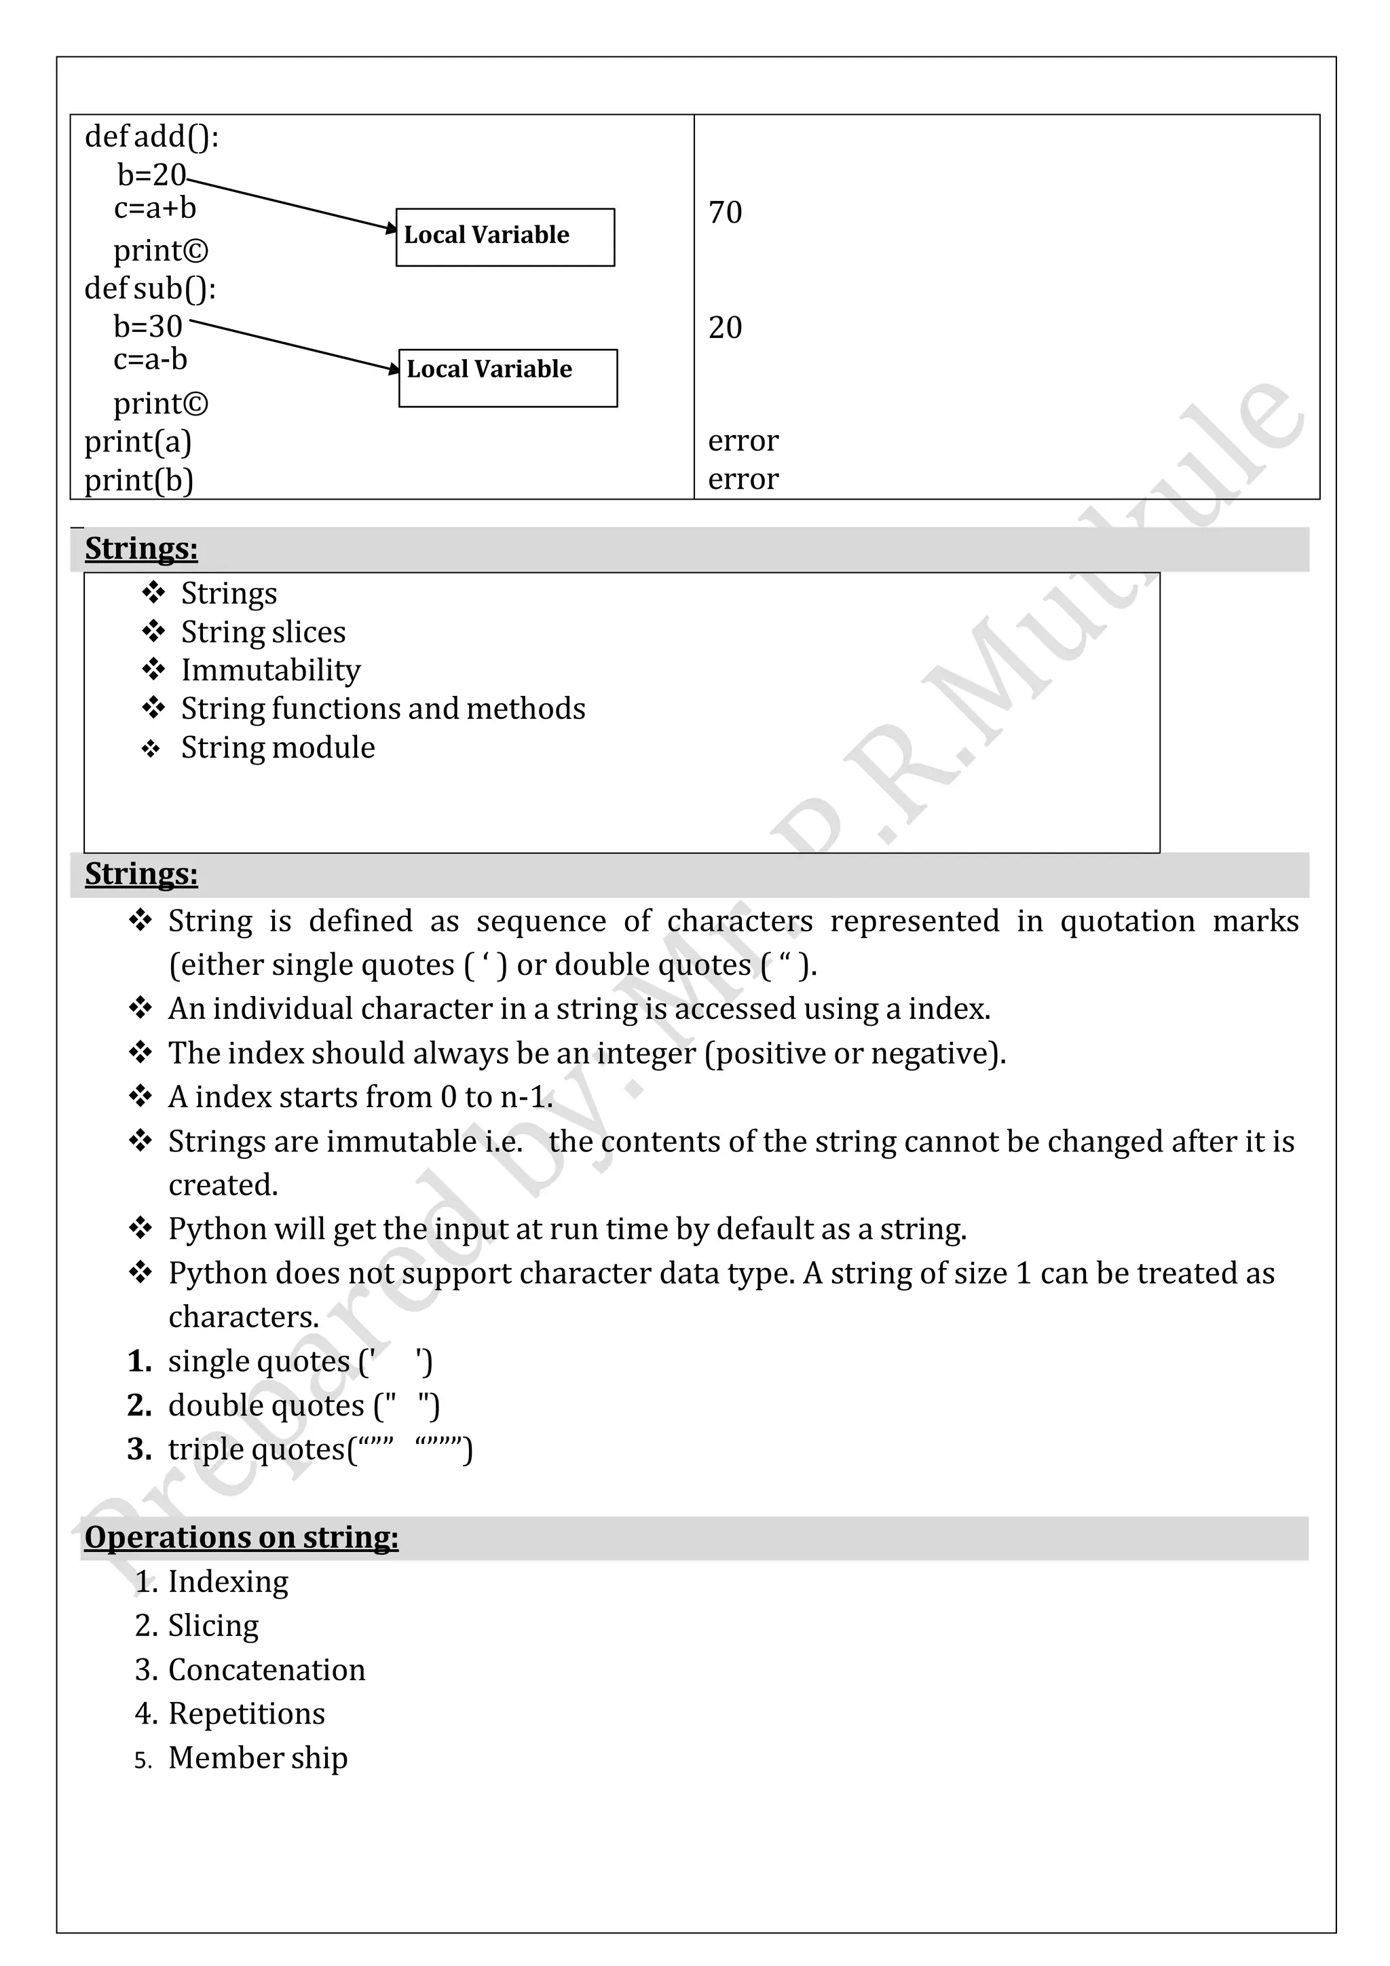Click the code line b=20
[x=151, y=174]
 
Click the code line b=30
[x=148, y=327]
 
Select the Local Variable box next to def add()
[x=504, y=236]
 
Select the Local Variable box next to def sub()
[x=508, y=377]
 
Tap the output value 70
[x=725, y=212]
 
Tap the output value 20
[x=725, y=327]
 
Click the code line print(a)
[x=138, y=441]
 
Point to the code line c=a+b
[x=155, y=208]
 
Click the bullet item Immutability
[x=271, y=669]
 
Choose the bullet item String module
[x=278, y=747]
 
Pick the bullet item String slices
[x=263, y=632]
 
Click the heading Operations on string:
[x=242, y=1536]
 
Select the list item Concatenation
[x=266, y=1669]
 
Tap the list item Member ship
[x=258, y=1757]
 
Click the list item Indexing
[x=227, y=1580]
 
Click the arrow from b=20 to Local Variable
[x=291, y=204]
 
